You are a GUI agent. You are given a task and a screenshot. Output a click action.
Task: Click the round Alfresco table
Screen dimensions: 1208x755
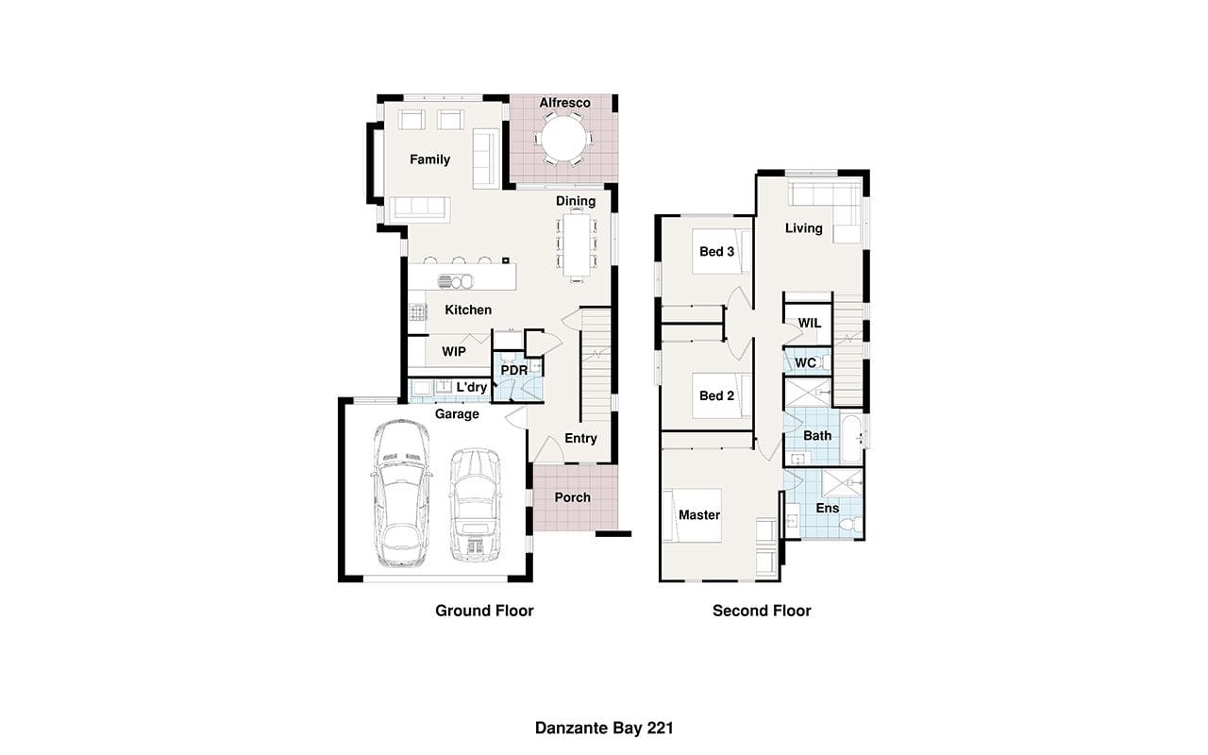coord(563,139)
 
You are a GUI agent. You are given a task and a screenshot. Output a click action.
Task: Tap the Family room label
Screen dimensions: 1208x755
coord(429,159)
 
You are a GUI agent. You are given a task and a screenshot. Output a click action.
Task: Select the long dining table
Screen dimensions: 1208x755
coord(577,245)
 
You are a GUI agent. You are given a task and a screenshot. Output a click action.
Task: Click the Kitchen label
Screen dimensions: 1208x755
coord(468,310)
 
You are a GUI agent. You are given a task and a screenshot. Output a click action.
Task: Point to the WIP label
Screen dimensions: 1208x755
coord(454,352)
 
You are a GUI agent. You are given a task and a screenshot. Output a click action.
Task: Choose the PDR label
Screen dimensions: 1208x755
coord(514,371)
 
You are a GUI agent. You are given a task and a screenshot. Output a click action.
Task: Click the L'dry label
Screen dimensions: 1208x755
coord(471,387)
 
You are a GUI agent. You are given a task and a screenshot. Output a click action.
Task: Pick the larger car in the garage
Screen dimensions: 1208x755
coord(402,494)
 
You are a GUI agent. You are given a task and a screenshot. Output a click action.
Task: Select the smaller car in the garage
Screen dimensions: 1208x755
coord(475,505)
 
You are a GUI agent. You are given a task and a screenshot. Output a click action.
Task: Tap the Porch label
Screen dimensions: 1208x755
coord(573,497)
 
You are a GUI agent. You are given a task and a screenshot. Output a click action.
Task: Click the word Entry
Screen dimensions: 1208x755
coord(580,439)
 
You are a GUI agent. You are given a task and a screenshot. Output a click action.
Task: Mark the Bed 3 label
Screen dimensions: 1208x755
coord(716,252)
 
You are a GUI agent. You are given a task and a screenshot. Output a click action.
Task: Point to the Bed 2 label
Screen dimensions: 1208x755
coord(716,395)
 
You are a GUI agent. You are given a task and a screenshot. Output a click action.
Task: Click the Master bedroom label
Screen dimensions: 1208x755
coord(699,515)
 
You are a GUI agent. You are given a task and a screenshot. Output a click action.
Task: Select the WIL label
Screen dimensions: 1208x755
coord(810,323)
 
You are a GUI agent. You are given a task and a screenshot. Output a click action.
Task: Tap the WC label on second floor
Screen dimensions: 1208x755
coord(805,363)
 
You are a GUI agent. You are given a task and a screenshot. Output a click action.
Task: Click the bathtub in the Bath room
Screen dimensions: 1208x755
coord(851,439)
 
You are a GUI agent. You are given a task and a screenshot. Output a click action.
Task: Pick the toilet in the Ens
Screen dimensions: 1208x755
coord(852,524)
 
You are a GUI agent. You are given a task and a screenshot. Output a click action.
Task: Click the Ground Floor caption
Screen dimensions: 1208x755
coord(484,611)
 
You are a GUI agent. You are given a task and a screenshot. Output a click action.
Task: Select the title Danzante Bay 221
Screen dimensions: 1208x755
coord(604,728)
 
